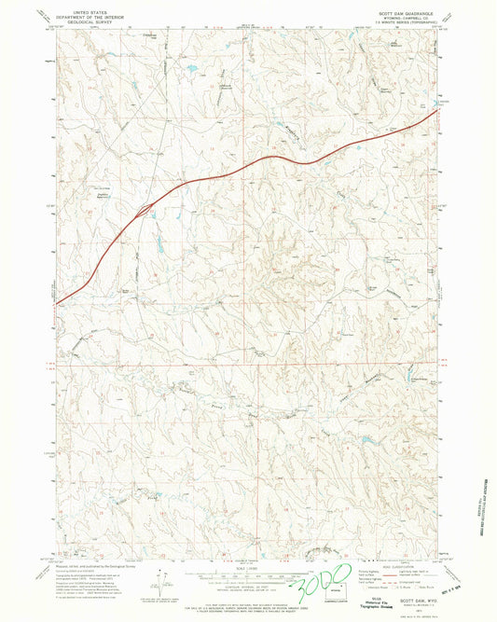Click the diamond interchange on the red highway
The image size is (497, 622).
pyautogui.click(x=144, y=212)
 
